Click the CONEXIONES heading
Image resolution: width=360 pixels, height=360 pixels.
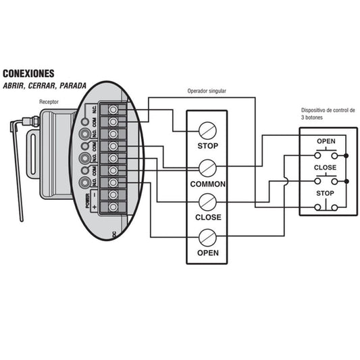coord(28,74)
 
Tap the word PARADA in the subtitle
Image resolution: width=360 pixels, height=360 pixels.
coord(73,86)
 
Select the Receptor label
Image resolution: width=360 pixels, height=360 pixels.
coord(49,102)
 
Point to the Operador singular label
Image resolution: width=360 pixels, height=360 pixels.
coord(207,91)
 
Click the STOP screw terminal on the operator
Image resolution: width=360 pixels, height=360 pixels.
coord(207,130)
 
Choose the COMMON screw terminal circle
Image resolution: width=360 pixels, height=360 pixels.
coord(207,168)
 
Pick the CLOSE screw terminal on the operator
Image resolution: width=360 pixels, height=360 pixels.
coord(207,202)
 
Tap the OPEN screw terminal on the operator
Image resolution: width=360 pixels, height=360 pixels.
coord(207,238)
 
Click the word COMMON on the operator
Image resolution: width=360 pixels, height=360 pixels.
coord(208,184)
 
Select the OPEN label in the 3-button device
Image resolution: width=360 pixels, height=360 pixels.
coord(326,141)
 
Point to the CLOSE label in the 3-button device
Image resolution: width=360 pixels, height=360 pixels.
coord(325,168)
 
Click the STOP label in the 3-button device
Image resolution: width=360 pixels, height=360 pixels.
coord(325,193)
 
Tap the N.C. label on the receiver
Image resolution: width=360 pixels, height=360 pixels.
coord(95,109)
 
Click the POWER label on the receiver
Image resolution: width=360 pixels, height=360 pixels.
coord(88,201)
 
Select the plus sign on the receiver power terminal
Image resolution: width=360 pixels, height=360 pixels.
coord(95,207)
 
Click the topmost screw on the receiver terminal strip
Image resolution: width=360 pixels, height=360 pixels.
coord(113,109)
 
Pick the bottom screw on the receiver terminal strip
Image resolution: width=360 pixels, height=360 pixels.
coord(113,207)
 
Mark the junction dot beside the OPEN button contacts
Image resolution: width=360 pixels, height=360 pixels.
coord(346,156)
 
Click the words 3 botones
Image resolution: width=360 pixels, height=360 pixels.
coord(312,118)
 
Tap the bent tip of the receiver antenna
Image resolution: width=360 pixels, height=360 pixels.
coord(12,126)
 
